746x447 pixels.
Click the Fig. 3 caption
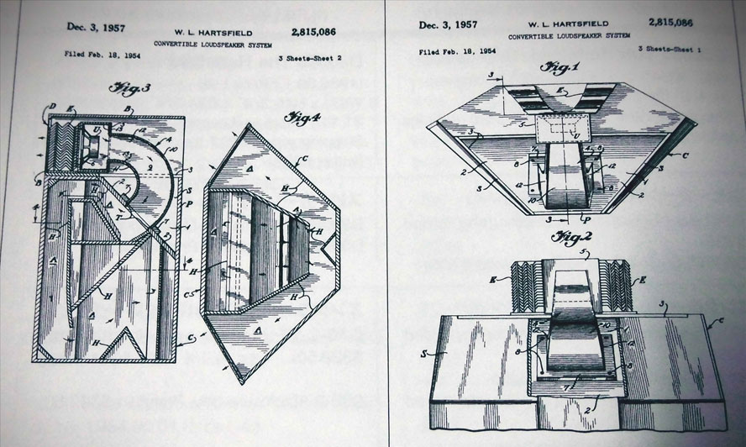[125, 87]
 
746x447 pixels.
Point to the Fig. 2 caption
[565, 238]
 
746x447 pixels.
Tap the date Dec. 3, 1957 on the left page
[98, 27]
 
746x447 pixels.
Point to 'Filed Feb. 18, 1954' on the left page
[102, 54]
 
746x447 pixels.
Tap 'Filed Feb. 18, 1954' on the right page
[455, 52]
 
